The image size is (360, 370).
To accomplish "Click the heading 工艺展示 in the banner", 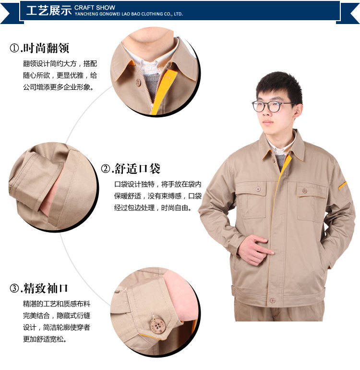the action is pyautogui.click(x=49, y=11).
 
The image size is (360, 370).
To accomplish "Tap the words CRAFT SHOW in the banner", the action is pyautogui.click(x=95, y=8).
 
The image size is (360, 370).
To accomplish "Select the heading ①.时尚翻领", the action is pyautogui.click(x=39, y=48).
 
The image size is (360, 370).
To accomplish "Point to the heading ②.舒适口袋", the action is pyautogui.click(x=131, y=169).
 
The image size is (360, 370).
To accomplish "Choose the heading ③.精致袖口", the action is pyautogui.click(x=39, y=288).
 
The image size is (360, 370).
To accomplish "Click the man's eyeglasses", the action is pyautogui.click(x=271, y=106).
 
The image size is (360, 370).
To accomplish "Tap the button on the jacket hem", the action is pyautogui.click(x=273, y=301).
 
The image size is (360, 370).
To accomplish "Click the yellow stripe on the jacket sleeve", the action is pyautogui.click(x=343, y=185).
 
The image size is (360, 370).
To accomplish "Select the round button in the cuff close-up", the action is pyautogui.click(x=158, y=326).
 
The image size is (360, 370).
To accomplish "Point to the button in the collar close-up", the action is pyautogui.click(x=138, y=82).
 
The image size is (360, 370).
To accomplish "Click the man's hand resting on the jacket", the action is pyautogui.click(x=255, y=250).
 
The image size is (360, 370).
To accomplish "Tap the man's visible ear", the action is pyautogui.click(x=298, y=111).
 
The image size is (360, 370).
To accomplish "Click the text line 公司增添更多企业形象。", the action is pyautogui.click(x=59, y=87).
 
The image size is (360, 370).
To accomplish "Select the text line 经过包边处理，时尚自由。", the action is pyautogui.click(x=153, y=208).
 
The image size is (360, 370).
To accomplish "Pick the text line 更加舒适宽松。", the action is pyautogui.click(x=45, y=339).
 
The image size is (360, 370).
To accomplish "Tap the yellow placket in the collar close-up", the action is pyautogui.click(x=162, y=92).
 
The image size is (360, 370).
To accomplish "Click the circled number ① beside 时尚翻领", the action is pyautogui.click(x=14, y=49).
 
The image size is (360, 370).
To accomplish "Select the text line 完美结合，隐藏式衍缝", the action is pyautogui.click(x=57, y=316).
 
